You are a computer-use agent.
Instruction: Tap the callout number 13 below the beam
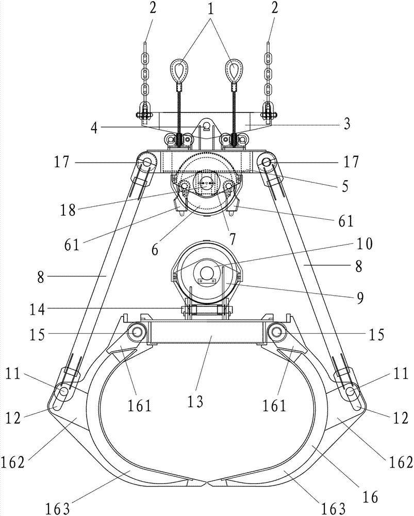[195, 401]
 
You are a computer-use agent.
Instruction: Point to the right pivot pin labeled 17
[267, 163]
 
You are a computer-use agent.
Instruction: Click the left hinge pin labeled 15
[137, 333]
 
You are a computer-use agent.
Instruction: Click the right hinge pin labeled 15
[277, 333]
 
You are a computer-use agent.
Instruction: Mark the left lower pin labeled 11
[63, 392]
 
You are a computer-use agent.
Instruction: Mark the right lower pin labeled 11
[351, 392]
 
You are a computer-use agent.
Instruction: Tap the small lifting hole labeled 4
[206, 126]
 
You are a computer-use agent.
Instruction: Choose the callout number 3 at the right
[347, 125]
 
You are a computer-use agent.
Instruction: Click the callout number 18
[68, 210]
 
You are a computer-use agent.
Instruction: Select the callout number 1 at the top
[210, 9]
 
